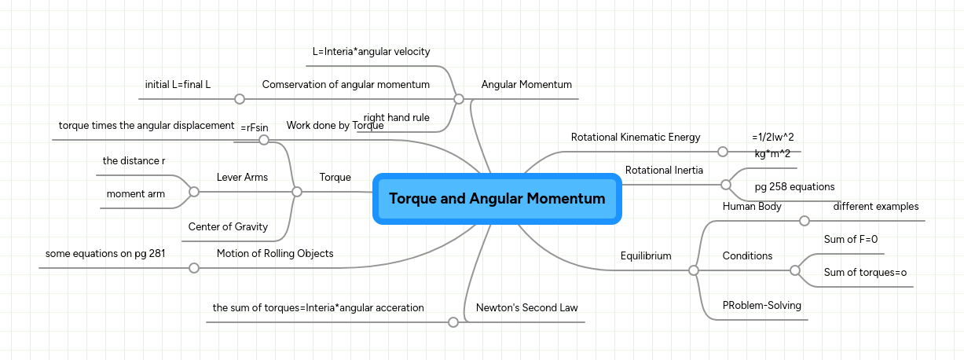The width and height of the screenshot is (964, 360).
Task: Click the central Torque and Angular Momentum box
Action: click(x=497, y=199)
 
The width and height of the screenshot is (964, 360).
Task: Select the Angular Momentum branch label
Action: click(x=526, y=84)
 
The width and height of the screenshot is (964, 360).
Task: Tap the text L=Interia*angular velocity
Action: click(x=371, y=52)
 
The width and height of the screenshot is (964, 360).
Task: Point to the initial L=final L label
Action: click(x=178, y=84)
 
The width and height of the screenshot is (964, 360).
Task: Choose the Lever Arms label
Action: click(x=242, y=178)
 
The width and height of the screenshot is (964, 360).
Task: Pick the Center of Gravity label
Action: click(x=228, y=227)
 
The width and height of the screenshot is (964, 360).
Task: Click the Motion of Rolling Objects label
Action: click(x=275, y=253)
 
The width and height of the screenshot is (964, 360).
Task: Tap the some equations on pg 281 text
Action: click(x=105, y=253)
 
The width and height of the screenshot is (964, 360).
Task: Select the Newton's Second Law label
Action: click(x=526, y=307)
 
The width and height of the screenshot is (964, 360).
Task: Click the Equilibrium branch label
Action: click(x=646, y=255)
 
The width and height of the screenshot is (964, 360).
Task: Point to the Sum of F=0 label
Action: click(x=850, y=239)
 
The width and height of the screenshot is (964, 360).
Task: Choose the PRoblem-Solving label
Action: click(x=761, y=305)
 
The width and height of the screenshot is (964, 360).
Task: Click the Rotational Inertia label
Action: click(x=664, y=170)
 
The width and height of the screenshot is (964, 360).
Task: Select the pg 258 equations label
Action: click(x=794, y=186)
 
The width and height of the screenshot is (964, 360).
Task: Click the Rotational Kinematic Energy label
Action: click(x=635, y=137)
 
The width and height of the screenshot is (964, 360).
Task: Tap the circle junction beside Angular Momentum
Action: click(x=459, y=99)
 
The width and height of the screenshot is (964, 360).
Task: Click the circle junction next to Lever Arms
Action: click(x=194, y=191)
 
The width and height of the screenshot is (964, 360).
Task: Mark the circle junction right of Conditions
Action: click(x=794, y=270)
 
